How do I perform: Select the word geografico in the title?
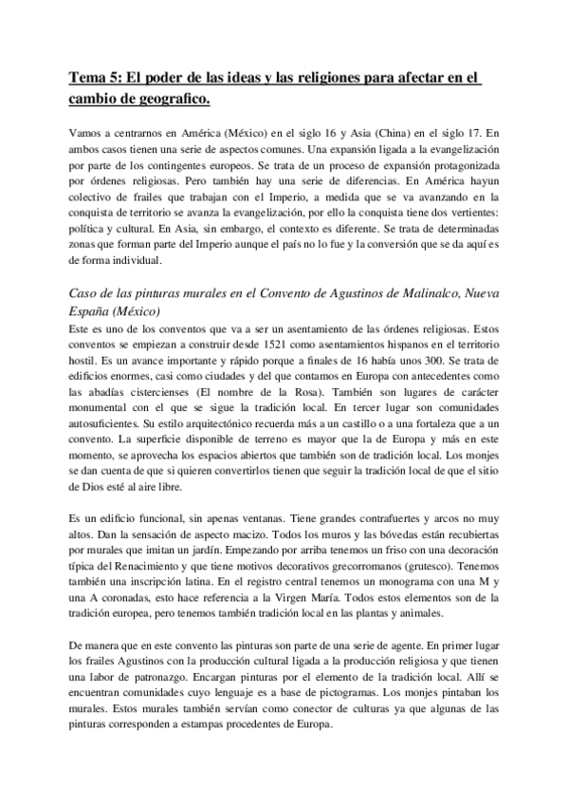click(166, 99)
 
